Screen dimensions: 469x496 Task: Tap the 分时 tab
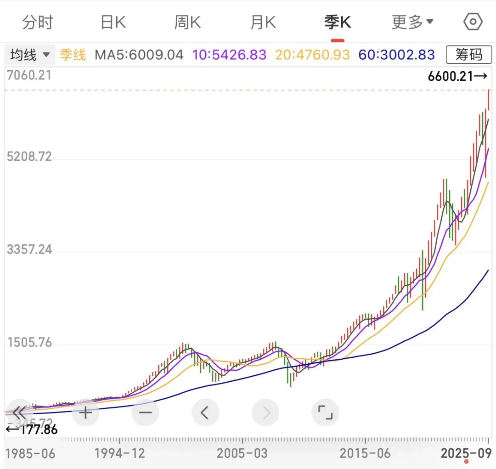click(x=38, y=22)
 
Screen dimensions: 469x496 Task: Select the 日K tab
click(x=113, y=22)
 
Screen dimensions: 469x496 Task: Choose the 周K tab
click(x=187, y=22)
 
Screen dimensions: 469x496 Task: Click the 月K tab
click(x=263, y=22)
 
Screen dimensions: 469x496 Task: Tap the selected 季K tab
click(x=338, y=22)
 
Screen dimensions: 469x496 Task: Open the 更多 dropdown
click(x=412, y=22)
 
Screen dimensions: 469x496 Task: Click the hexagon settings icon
click(x=473, y=22)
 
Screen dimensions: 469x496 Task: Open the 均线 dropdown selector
click(x=30, y=55)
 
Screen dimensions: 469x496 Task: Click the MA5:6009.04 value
click(x=139, y=55)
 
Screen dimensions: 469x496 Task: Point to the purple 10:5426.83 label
click(x=229, y=55)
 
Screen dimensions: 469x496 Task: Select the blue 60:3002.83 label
click(x=396, y=55)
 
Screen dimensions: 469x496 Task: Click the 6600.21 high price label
click(x=457, y=76)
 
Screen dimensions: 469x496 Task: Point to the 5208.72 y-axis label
click(x=29, y=157)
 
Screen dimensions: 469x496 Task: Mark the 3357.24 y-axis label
click(x=29, y=250)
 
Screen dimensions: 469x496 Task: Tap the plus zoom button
click(x=85, y=412)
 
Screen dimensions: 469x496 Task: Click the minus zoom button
click(x=145, y=412)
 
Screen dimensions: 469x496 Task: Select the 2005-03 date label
click(x=242, y=453)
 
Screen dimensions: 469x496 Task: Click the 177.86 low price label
click(x=32, y=430)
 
